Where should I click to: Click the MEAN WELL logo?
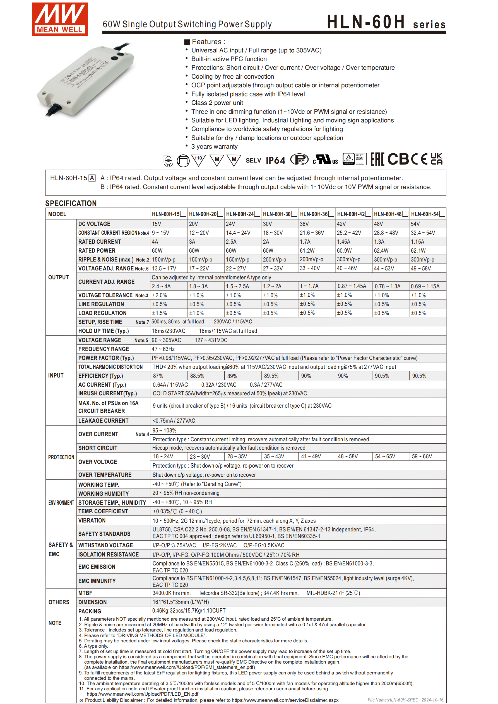point(59,19)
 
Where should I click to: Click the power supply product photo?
point(86,80)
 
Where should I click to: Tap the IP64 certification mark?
point(275,160)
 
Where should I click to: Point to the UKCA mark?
point(436,159)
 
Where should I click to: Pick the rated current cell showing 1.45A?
point(344,242)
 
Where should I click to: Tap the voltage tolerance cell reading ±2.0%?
point(160,295)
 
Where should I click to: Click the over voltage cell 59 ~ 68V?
point(422,457)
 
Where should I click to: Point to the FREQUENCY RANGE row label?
point(104,349)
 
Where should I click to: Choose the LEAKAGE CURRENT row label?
point(103,421)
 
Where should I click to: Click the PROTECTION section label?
point(61,457)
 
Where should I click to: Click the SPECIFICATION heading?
point(71,203)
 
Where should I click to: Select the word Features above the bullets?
point(206,42)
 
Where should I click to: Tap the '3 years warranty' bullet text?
point(214,147)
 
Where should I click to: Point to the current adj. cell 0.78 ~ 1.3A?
point(388,286)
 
